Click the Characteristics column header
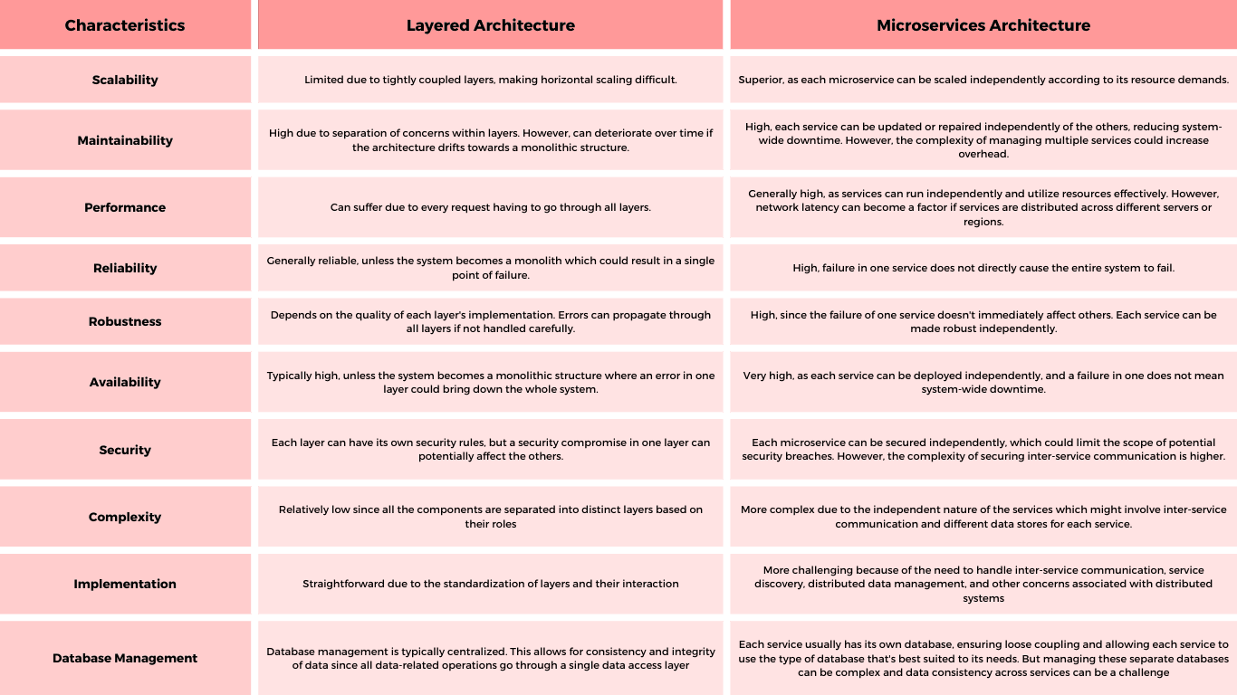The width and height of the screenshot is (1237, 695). [125, 25]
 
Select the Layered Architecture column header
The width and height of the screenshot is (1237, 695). [490, 25]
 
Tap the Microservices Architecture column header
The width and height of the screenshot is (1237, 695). [983, 25]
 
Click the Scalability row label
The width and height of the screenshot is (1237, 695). [125, 80]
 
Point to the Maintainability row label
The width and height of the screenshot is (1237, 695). [125, 140]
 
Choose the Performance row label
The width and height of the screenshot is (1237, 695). [125, 207]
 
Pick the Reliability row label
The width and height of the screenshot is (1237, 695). [125, 268]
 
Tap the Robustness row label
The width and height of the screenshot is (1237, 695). [125, 321]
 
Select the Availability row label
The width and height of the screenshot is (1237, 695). [125, 382]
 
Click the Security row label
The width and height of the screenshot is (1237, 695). [125, 450]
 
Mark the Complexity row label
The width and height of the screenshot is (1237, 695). [125, 517]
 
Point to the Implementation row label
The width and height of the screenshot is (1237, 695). [125, 584]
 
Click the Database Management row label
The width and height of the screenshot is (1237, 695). [125, 658]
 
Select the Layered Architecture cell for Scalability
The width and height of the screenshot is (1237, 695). [490, 80]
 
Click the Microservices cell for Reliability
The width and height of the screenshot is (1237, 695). [983, 268]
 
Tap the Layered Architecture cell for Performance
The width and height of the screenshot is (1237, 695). [490, 207]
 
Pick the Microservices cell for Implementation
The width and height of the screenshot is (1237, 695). [983, 584]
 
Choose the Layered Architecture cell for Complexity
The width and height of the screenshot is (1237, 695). [490, 517]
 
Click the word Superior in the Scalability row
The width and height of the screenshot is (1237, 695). [760, 80]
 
